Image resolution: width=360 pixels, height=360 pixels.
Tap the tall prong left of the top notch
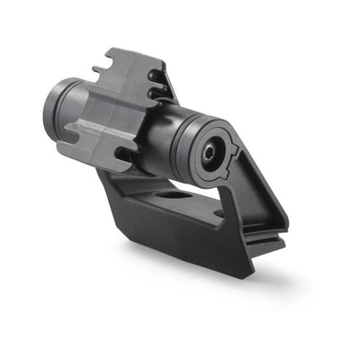point(104,58)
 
